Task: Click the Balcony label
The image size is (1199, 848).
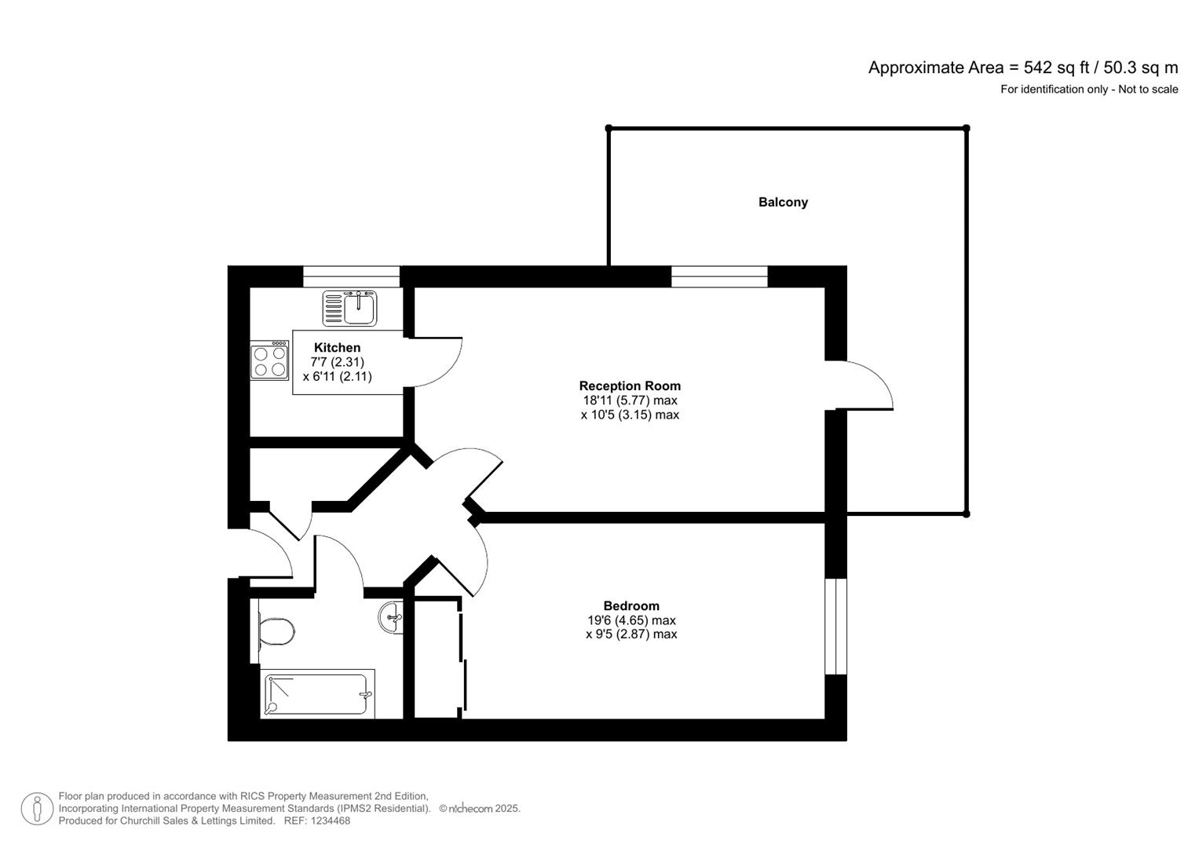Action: pos(783,202)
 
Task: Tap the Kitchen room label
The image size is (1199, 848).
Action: pos(337,348)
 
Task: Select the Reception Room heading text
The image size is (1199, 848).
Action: pos(630,386)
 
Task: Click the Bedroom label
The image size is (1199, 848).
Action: pos(631,605)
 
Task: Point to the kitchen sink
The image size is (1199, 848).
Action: pos(350,308)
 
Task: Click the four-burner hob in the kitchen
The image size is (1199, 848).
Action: pos(269,361)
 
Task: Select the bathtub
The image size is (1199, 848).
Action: pos(317,694)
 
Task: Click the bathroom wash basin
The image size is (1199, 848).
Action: pos(391,617)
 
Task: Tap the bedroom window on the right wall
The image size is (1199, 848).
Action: pos(836,627)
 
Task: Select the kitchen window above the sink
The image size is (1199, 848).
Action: pos(351,276)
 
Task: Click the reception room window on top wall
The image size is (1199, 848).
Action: pos(719,276)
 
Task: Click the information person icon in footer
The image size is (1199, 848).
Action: pos(37,809)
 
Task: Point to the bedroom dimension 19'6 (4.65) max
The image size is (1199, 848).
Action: pos(631,620)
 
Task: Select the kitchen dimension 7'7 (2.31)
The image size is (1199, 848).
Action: pos(337,362)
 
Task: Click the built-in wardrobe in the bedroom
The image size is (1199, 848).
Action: pos(437,658)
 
